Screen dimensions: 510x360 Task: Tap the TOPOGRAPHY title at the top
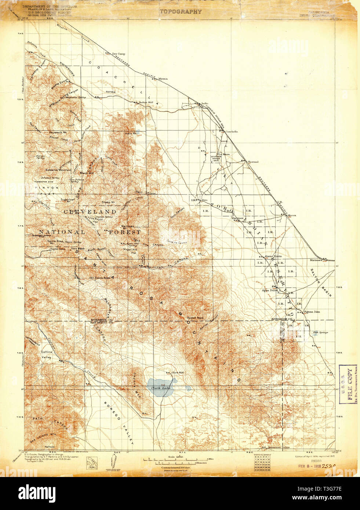click(x=181, y=11)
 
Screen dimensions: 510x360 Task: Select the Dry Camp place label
click(x=119, y=54)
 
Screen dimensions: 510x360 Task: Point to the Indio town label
click(x=204, y=104)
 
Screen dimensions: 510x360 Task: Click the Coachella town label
click(x=232, y=131)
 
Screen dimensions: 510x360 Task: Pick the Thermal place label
click(x=253, y=162)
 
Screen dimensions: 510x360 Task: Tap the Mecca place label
click(x=292, y=215)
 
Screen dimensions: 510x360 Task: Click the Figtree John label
click(x=312, y=312)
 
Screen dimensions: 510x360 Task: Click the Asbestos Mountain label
click(x=58, y=170)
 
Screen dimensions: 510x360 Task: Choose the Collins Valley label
click(x=46, y=354)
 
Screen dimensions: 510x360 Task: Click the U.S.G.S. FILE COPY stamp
click(x=349, y=384)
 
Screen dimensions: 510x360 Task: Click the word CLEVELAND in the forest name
click(x=90, y=212)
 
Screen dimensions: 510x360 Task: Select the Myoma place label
click(x=163, y=79)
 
